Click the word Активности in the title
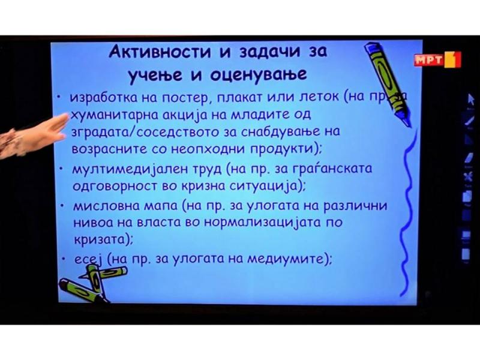tap(160, 51)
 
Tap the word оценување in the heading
tap(259, 74)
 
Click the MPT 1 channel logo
tap(437, 59)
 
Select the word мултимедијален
tap(130, 169)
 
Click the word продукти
tap(283, 149)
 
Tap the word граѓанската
tap(335, 169)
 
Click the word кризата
tap(101, 239)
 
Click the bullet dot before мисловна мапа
tap(62, 206)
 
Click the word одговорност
tap(115, 187)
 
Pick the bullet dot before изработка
tap(59, 97)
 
